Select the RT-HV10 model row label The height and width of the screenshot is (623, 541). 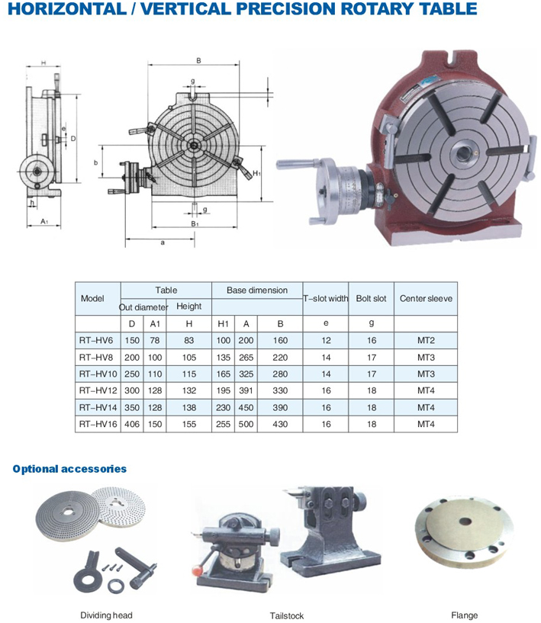pos(98,374)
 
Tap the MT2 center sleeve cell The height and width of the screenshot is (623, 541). pos(426,341)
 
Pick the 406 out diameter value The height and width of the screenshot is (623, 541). pos(132,424)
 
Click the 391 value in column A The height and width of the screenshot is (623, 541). pos(246,390)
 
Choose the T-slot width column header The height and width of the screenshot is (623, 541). pos(326,298)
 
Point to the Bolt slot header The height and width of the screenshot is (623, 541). pos(372,298)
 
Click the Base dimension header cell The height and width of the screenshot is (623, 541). pos(257,291)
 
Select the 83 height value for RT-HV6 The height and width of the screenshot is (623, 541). pos(188,341)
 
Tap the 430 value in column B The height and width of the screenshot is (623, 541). pos(280,424)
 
